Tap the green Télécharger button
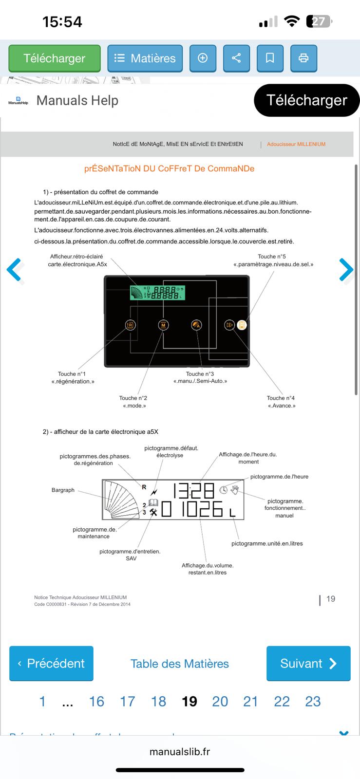pos(55,58)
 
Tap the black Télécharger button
pos(306,100)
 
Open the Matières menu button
pos(145,58)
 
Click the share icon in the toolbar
pos(236,58)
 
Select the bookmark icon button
pos(270,58)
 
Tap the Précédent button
pos(51,663)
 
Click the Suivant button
pos(308,663)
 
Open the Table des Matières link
pos(180,664)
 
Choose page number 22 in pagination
pos(282,701)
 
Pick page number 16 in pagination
pos(96,701)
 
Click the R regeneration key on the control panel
pos(130,325)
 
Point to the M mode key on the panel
pos(164,325)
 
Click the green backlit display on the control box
pos(157,293)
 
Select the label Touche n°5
pos(272,257)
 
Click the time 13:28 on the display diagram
pos(194,490)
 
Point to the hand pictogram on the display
pos(235,489)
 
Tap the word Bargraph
pos(63,490)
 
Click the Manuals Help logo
pos(19,101)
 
